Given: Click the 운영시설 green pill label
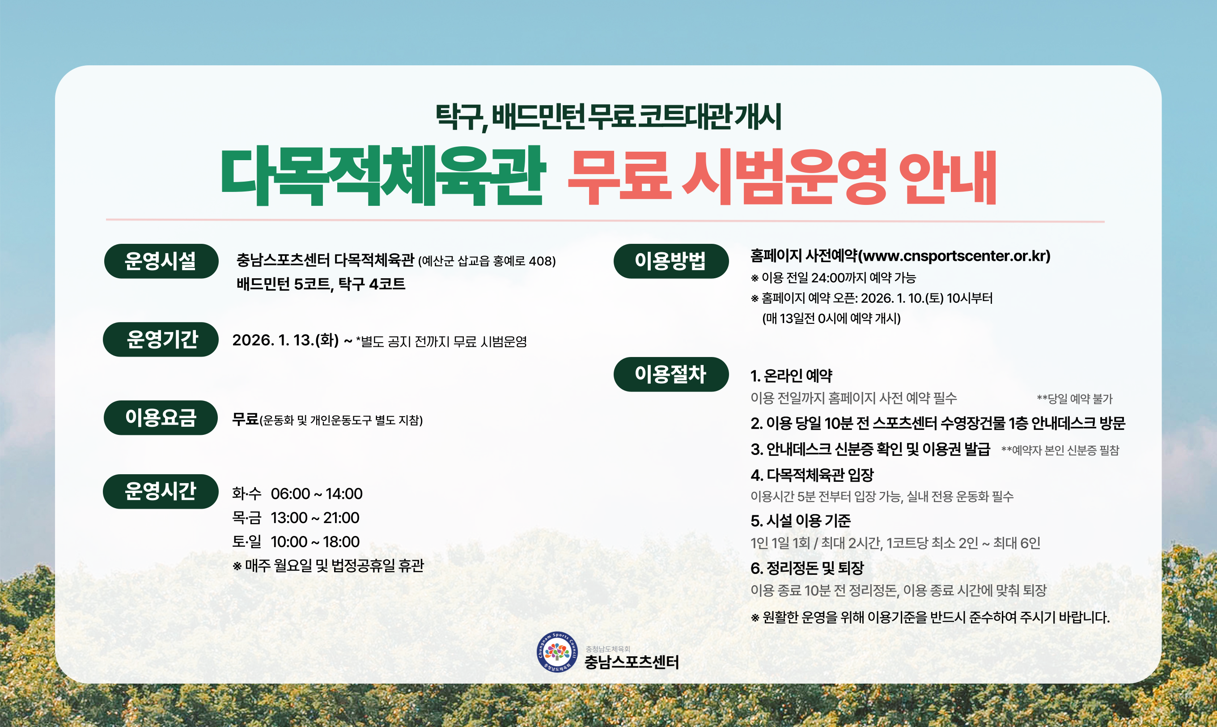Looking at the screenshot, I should [161, 261].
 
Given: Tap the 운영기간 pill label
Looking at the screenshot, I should [161, 340].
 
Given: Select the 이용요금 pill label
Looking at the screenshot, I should [161, 418].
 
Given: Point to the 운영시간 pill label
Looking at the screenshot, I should [161, 491].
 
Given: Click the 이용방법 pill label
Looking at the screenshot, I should [670, 261].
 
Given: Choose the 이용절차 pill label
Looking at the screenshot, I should [670, 374].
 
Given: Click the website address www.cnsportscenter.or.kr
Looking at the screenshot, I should [955, 256].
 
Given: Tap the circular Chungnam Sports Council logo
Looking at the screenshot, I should [557, 652].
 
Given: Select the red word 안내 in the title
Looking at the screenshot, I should [947, 177].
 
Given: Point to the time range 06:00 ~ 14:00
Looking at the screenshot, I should [316, 494].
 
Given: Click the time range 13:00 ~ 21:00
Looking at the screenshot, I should [315, 518].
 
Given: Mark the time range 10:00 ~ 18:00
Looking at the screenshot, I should [315, 542].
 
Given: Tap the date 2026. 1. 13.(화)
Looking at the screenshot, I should [285, 340].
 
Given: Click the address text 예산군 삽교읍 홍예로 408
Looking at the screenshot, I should [487, 261].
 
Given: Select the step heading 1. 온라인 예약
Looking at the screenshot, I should [791, 376].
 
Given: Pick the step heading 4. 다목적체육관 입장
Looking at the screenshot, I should [812, 475].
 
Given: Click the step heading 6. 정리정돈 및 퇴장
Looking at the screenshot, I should [807, 568].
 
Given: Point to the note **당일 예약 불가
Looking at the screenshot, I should [1074, 399].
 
